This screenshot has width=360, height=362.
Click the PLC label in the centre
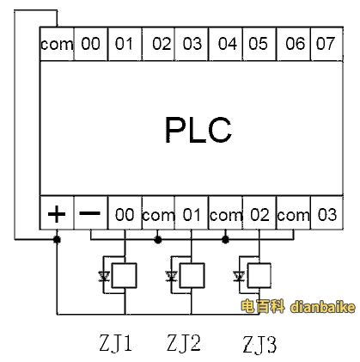coord(198,129)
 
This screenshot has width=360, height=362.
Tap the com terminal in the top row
coord(57,44)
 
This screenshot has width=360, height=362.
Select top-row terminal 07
coord(326,44)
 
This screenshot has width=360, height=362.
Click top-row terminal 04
coord(226,44)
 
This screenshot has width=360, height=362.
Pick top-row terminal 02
coord(159,44)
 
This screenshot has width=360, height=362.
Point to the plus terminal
coord(57,213)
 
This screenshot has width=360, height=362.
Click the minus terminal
coord(90,213)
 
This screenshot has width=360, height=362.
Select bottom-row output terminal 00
coord(125,213)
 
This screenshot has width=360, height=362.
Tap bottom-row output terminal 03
coord(326,213)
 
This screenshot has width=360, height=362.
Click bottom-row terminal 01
coord(192,213)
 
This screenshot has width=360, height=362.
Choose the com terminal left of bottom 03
coord(293,213)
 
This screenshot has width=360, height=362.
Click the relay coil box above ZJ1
coord(124,275)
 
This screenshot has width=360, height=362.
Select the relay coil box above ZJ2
coord(192,275)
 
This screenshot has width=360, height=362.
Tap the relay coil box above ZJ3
coord(259,275)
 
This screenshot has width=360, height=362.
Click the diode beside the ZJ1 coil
coord(104,277)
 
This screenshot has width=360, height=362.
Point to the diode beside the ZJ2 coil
coord(171,277)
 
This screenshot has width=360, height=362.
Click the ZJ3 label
coord(259,345)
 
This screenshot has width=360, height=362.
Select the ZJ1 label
coord(116,343)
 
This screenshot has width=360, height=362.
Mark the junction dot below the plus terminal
coord(57,239)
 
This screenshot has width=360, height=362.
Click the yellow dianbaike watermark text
coord(323,307)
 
